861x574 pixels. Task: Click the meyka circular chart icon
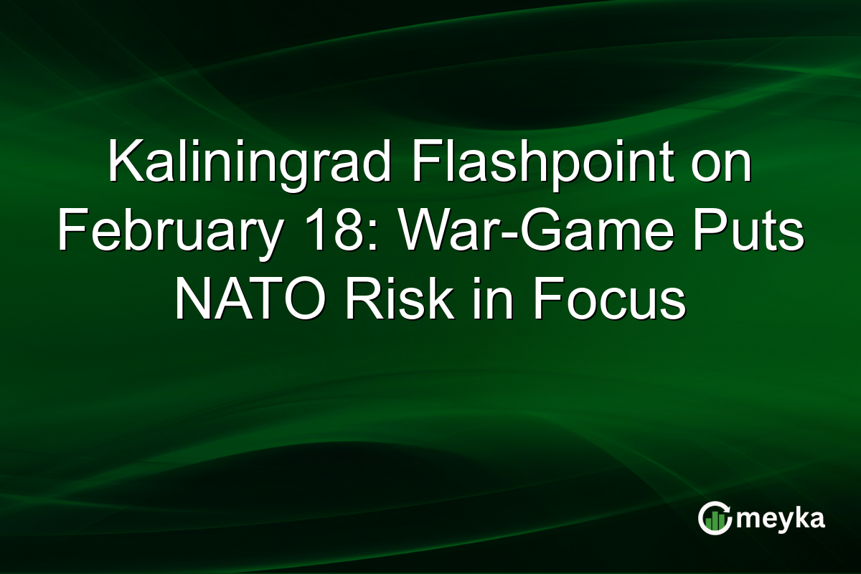click(x=715, y=518)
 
